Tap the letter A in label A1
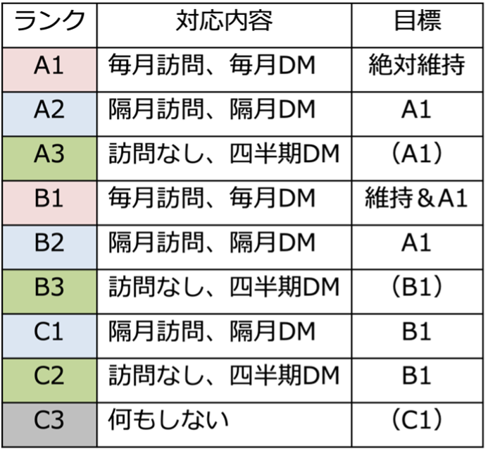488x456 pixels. point(42,66)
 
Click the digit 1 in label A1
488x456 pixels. point(58,66)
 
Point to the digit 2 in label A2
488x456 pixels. point(58,109)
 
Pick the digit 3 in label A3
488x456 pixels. point(58,154)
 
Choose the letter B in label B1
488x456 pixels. point(42,198)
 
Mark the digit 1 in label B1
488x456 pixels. point(58,198)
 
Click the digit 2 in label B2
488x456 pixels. point(58,242)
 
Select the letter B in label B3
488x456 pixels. point(42,287)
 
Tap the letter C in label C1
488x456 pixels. point(42,331)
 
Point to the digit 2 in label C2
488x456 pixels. point(58,376)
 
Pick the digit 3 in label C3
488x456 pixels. point(58,420)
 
